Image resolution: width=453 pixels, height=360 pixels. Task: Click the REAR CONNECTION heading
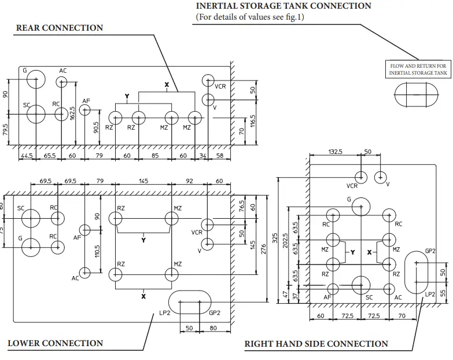60,28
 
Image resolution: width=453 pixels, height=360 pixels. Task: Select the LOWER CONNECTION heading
55,343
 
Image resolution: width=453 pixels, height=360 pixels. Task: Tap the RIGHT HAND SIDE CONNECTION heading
316,344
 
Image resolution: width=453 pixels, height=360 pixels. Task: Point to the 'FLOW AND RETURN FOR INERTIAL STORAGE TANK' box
418,70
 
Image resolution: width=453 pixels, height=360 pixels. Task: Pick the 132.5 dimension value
335,151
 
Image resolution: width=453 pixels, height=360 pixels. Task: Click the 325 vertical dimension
275,238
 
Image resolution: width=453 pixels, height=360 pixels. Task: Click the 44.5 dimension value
26,156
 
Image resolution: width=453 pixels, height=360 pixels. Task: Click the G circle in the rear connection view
36,79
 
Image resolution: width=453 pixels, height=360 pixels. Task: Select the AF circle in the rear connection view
86,110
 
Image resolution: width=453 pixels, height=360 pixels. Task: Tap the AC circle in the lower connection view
85,271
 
